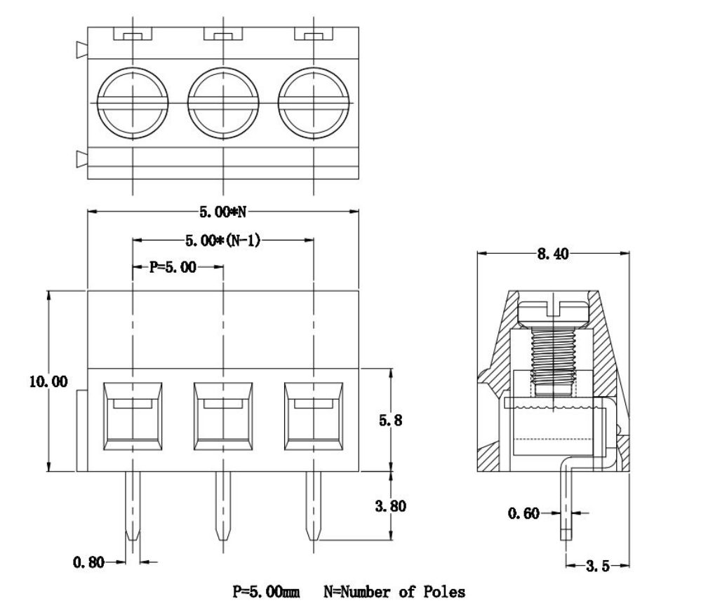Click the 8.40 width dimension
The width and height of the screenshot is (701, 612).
[x=552, y=254]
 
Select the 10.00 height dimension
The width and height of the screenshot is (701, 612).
[x=48, y=381]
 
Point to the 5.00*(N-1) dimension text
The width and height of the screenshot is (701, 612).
[x=222, y=240]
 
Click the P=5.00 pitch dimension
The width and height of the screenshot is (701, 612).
[x=173, y=267]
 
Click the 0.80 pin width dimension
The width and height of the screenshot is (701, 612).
[x=89, y=562]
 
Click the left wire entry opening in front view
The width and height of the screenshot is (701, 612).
[x=133, y=415]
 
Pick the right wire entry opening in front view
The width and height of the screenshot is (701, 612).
[x=314, y=415]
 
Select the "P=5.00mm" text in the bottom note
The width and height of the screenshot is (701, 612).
[x=267, y=592]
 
